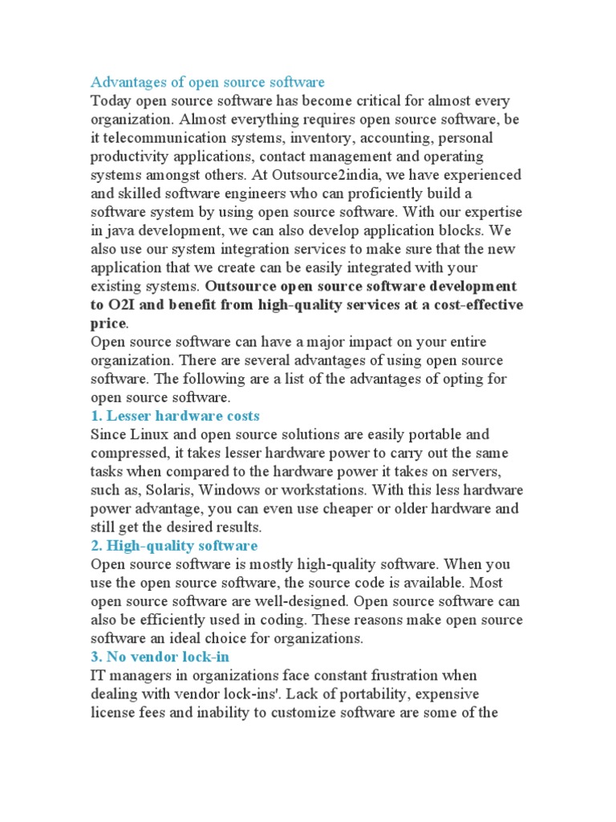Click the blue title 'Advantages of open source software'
click(x=208, y=82)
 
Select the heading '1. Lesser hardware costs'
click(x=175, y=416)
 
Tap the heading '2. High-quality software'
click(x=174, y=546)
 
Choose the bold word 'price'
click(x=108, y=323)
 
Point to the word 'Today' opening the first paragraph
click(x=111, y=100)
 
